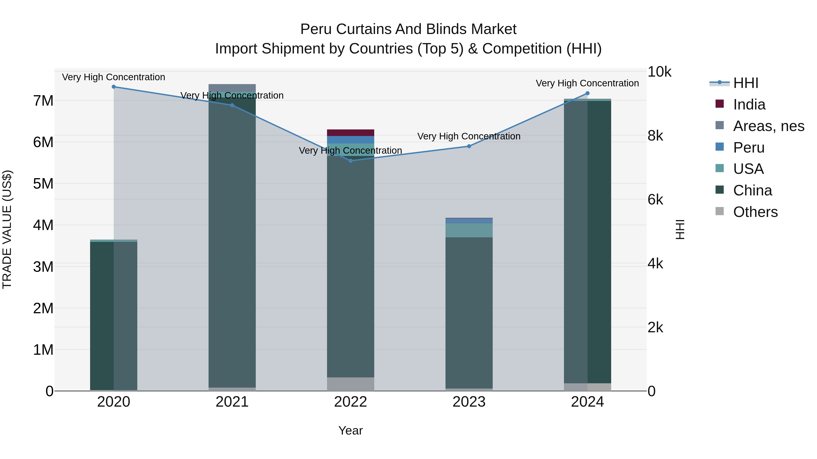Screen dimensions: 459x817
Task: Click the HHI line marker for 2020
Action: [113, 87]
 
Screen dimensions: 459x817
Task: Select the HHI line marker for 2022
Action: [350, 161]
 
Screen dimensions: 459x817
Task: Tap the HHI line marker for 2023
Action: [469, 146]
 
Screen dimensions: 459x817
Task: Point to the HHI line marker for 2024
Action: [587, 93]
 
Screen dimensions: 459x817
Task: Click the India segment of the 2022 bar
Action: [350, 133]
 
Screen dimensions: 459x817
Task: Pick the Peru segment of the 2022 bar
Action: [350, 140]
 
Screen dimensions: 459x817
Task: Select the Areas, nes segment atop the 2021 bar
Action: [232, 88]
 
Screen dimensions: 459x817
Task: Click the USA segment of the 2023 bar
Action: [469, 230]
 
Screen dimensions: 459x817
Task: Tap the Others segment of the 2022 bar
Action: [350, 384]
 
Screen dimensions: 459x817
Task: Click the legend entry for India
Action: [749, 104]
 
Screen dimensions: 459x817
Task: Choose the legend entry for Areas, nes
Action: [768, 126]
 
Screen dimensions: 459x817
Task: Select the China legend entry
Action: [752, 190]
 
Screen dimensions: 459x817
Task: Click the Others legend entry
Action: [755, 212]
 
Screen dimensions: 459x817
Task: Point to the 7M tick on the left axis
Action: [43, 101]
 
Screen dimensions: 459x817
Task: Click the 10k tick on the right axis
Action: [659, 72]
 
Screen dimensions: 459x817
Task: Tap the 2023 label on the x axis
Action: [469, 402]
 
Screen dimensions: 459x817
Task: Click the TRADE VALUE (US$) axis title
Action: [7, 229]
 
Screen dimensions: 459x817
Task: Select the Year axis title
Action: [350, 430]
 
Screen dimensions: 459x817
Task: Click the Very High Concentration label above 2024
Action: [587, 83]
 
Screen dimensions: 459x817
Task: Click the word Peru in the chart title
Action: [316, 29]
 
